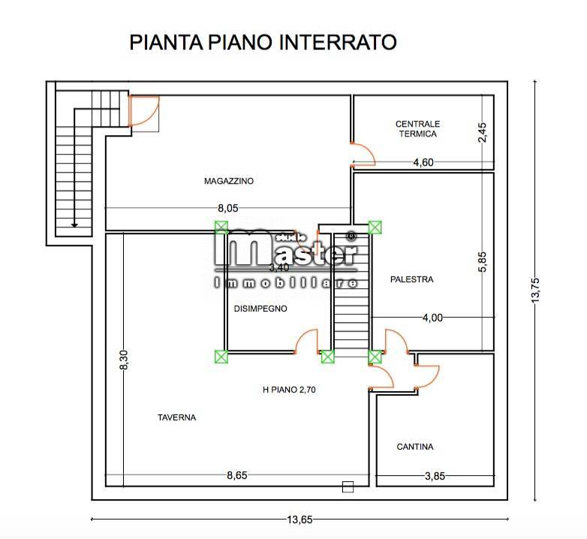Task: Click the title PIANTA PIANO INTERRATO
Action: click(263, 41)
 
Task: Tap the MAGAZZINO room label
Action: click(229, 181)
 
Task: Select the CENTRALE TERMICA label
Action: click(417, 128)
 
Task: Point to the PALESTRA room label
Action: click(411, 279)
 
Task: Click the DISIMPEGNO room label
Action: click(260, 309)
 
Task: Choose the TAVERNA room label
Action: click(176, 418)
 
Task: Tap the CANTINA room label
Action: click(414, 447)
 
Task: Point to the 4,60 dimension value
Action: click(423, 162)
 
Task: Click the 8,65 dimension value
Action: click(237, 474)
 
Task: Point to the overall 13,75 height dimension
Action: click(535, 287)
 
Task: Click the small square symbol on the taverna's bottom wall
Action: click(347, 486)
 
